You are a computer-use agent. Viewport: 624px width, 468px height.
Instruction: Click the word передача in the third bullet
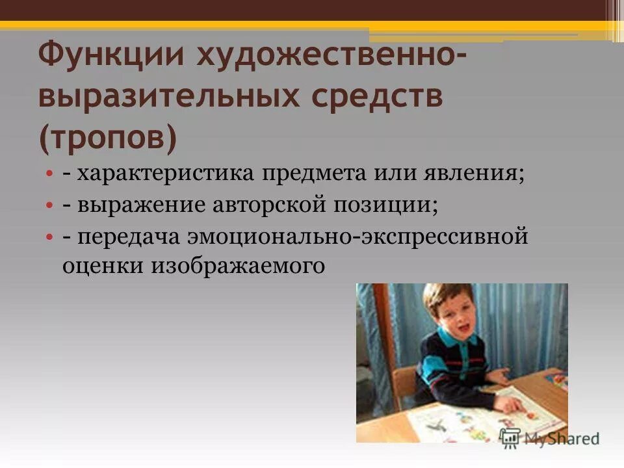point(129,236)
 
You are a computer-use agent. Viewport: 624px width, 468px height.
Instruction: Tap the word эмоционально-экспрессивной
point(357,236)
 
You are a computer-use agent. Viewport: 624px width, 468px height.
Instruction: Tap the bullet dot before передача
point(49,237)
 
